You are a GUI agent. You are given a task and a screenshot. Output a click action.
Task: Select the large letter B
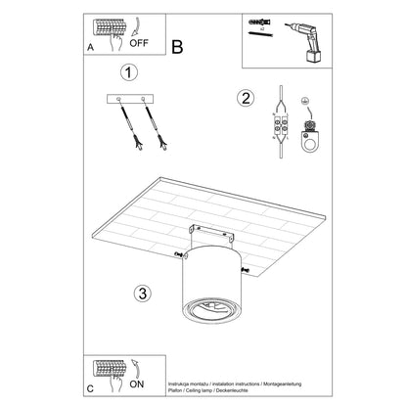click(178, 45)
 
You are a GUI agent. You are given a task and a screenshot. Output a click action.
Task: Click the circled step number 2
click(247, 97)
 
